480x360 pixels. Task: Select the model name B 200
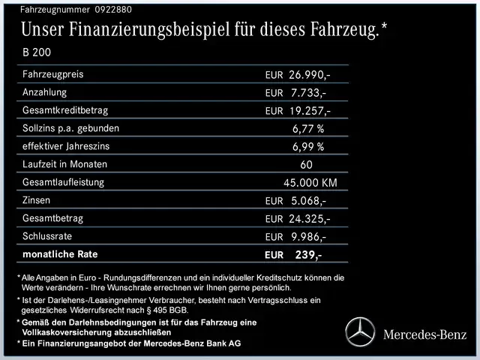[37, 53]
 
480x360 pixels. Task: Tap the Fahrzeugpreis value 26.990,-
[309, 75]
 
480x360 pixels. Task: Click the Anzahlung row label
[45, 92]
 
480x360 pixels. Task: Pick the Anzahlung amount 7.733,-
[308, 93]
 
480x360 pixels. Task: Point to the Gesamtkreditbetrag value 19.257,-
[309, 111]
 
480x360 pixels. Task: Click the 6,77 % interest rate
[308, 128]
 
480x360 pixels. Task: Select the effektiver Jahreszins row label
[70, 146]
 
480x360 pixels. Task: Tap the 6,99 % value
[308, 146]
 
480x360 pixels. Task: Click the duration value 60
[305, 164]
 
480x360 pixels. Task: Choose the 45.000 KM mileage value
[310, 182]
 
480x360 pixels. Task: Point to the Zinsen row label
[38, 200]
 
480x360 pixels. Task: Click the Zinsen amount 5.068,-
[308, 201]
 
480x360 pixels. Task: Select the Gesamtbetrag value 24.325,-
[309, 219]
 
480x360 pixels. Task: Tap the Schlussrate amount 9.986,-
[308, 237]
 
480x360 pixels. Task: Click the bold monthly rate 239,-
[308, 255]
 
